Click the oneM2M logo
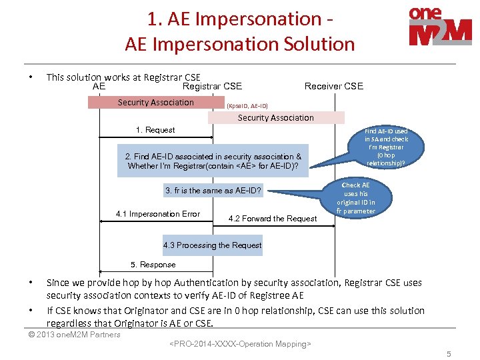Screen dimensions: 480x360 440,26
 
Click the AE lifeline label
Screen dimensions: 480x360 99,86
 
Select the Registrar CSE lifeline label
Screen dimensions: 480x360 212,86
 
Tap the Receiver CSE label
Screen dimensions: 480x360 333,86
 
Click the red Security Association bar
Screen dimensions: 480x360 155,103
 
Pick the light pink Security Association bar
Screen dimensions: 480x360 276,118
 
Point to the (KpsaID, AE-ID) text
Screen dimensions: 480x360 247,106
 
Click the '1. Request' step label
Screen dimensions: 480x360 155,130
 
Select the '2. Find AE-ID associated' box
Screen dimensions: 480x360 213,161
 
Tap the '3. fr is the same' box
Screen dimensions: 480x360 213,191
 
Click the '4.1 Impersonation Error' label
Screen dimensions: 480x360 157,214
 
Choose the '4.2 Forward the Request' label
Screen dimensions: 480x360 272,218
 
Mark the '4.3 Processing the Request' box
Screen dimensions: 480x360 213,245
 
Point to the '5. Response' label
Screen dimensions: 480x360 153,265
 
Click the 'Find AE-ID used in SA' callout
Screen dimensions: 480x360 386,147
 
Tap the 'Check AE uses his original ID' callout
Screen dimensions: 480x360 355,197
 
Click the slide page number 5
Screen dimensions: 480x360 449,354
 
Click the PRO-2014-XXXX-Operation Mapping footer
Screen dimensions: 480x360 240,344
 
